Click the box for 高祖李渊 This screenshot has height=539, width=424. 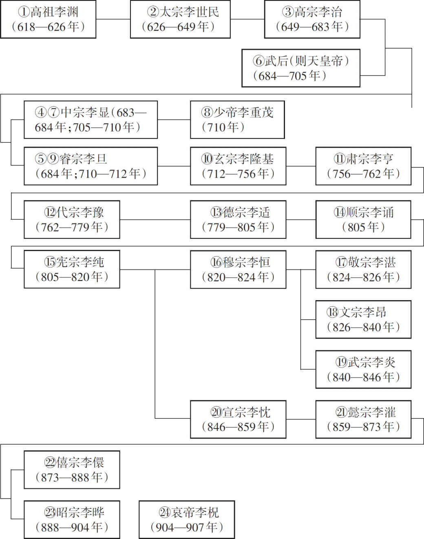tap(48, 19)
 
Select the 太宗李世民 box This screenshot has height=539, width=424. tap(180, 19)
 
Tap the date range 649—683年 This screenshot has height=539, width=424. tap(312, 27)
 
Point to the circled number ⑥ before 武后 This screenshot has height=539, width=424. tap(258, 61)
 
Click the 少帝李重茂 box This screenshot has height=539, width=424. tap(237, 120)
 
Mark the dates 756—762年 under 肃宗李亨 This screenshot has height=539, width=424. tap(363, 174)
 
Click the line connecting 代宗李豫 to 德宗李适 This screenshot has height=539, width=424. tap(155, 220)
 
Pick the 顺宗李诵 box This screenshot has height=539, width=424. tap(363, 220)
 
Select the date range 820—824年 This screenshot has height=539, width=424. tap(238, 277)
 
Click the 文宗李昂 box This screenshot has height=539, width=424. tap(363, 320)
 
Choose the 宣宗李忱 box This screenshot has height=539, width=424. tap(238, 419)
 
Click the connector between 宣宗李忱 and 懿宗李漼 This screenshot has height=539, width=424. tap(301, 419)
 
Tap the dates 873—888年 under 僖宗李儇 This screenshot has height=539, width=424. tap(72, 477)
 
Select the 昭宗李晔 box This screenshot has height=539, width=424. tap(72, 520)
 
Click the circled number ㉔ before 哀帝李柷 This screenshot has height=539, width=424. tap(165, 512)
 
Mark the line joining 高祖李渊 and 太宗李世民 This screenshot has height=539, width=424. tap(113, 19)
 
